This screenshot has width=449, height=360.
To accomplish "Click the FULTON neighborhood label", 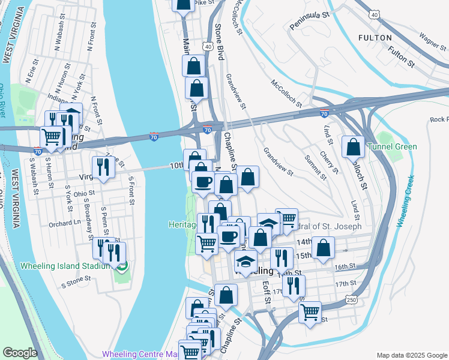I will (x=375, y=37).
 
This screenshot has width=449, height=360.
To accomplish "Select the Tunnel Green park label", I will (x=392, y=146).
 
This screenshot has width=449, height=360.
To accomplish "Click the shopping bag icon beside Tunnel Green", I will (x=354, y=147).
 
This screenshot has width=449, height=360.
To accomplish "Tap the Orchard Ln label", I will (x=65, y=222).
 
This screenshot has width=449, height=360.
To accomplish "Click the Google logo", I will (x=20, y=353).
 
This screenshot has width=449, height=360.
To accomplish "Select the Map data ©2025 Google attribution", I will (x=411, y=355).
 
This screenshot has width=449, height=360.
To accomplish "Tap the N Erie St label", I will (x=32, y=70).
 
